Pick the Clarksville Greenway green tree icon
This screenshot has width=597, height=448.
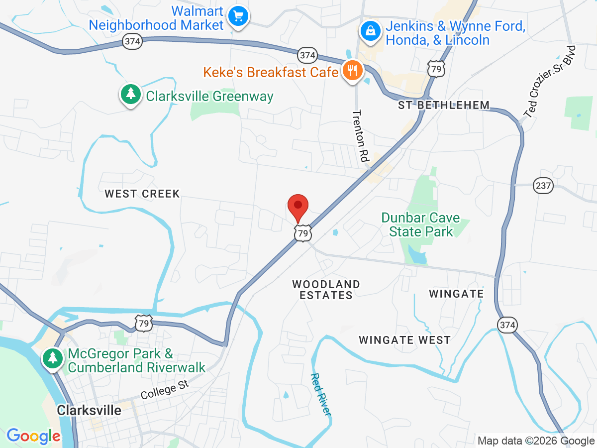pos(131,93)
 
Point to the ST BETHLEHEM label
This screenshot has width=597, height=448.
pos(444,105)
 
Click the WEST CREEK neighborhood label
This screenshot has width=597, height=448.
pos(142,194)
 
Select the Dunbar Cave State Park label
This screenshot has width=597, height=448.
pos(421,224)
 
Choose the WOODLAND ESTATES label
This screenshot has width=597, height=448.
pos(326,290)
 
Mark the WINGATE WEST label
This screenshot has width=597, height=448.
pos(405,340)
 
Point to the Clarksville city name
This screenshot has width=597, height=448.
pos(89,410)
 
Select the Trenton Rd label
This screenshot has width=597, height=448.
pos(360,135)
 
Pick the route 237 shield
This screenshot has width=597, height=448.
pos(543,186)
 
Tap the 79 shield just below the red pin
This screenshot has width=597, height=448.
pos(302,232)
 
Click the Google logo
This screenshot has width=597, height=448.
pos(33,437)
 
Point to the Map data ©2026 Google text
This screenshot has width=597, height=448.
pos(536,441)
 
